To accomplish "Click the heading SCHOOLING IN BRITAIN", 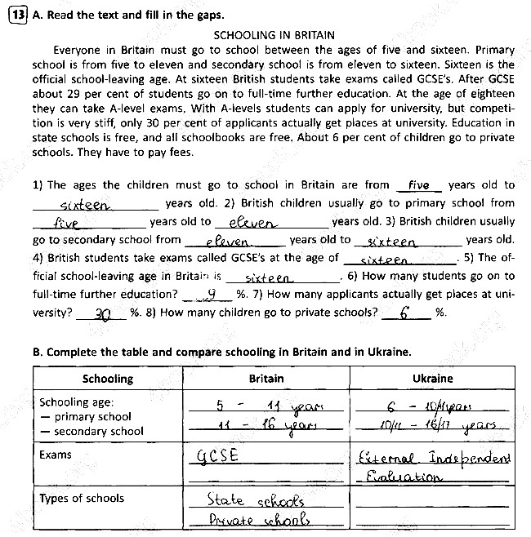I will coord(273,35).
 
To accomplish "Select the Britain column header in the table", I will coord(266,379).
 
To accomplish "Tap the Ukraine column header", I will coord(432,379).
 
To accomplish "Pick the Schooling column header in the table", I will coord(108,379).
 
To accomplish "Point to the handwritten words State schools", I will coord(255,499).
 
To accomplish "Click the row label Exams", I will coord(56,455).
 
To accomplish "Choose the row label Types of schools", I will coord(82,498).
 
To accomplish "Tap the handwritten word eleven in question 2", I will coord(253,223).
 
